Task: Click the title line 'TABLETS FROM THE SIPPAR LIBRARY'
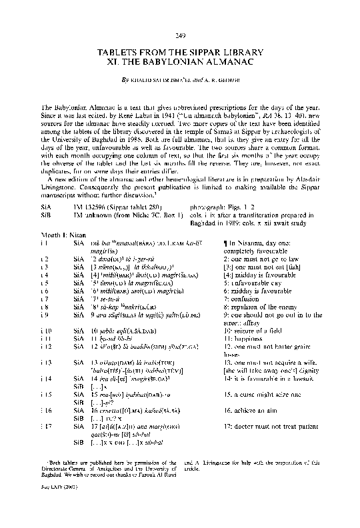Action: [180, 51]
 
